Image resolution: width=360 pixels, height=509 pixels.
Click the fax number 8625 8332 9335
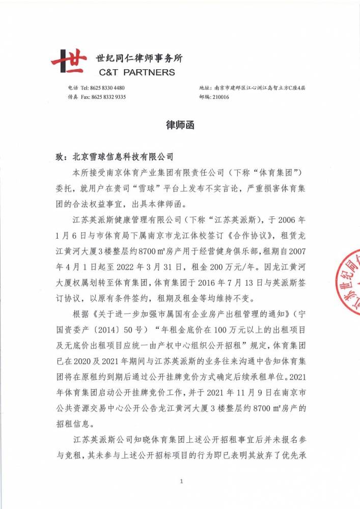109,97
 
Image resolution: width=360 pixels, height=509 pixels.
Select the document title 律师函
180,125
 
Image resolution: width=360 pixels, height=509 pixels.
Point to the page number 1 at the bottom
181,481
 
